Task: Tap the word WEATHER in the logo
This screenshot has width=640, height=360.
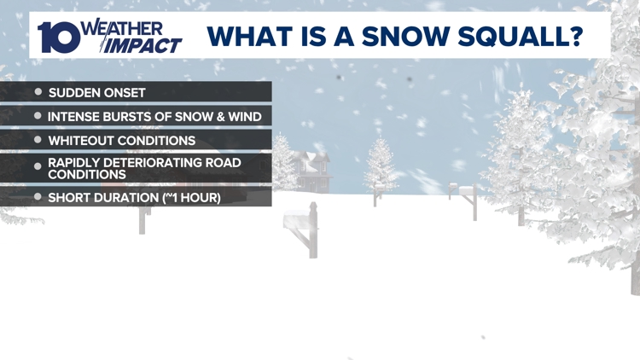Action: [x=120, y=27]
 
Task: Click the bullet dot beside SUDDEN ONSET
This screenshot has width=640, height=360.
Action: [x=38, y=91]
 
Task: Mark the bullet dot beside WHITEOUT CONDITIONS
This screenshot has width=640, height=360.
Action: [x=38, y=139]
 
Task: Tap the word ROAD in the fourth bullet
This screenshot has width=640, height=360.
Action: [x=221, y=162]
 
